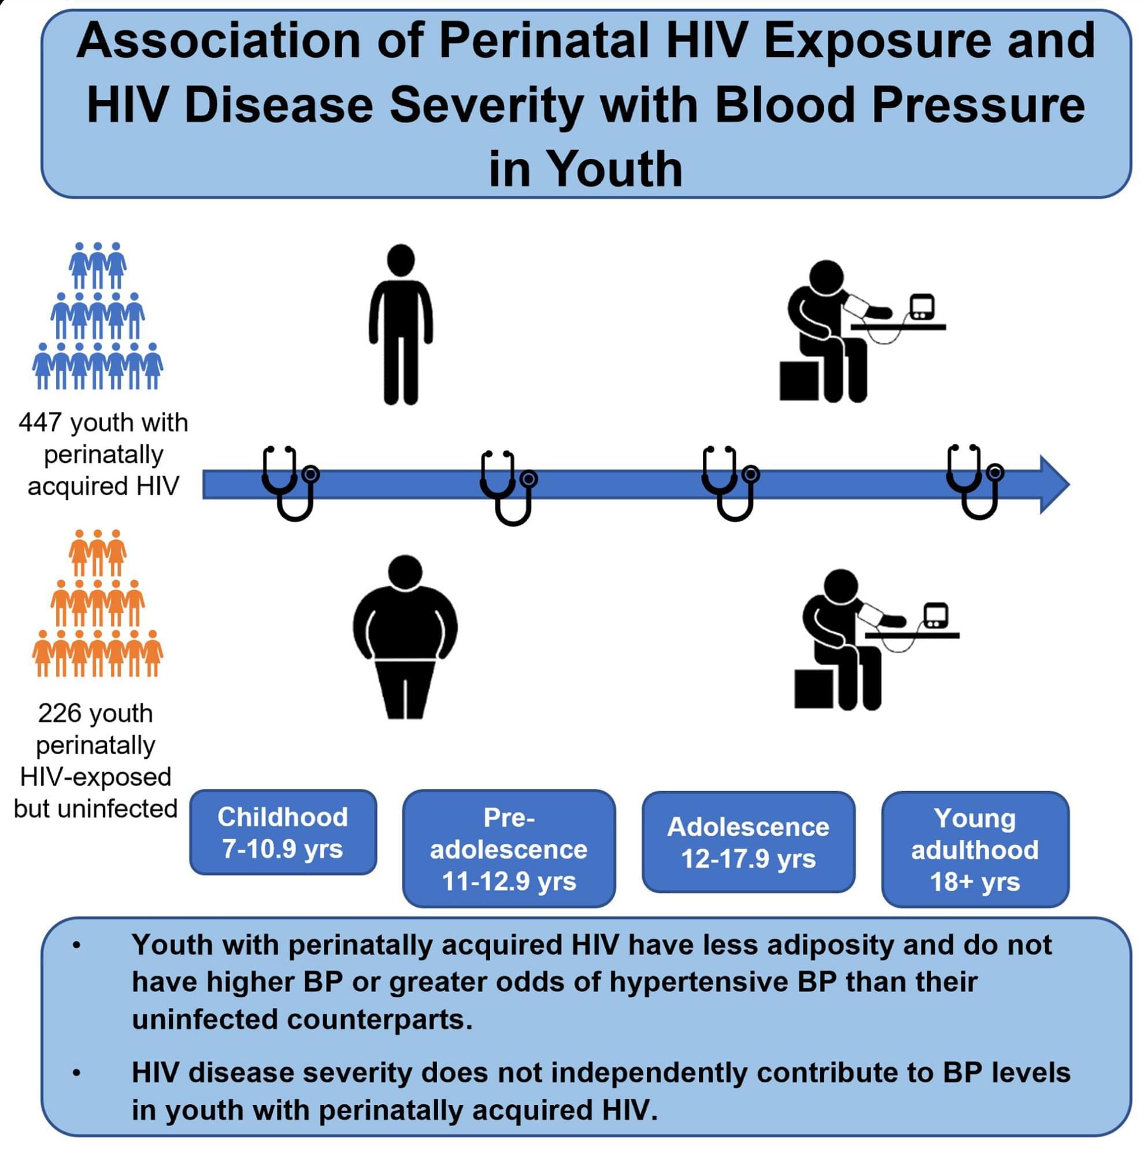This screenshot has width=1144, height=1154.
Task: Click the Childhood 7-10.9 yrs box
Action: point(283,833)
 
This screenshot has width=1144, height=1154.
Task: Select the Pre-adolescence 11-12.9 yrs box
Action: point(509,848)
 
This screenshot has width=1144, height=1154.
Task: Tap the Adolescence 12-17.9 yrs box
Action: point(749,842)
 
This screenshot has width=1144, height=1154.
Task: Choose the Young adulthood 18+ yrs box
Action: point(975,849)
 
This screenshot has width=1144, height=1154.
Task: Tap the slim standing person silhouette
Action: point(401,325)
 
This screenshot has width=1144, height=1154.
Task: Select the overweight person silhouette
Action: point(405,637)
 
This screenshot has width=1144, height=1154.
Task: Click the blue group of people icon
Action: point(97,316)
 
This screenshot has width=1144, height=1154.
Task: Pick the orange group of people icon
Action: point(97,602)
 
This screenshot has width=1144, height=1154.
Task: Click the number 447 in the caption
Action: point(40,423)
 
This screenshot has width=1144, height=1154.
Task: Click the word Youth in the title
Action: point(614,169)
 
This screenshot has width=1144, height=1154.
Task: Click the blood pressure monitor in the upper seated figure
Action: point(922,307)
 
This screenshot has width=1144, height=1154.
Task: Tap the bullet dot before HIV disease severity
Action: point(76,1074)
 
